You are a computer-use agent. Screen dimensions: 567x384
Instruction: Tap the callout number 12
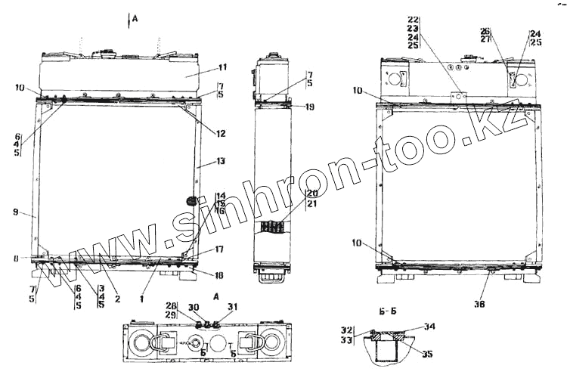tap(221, 134)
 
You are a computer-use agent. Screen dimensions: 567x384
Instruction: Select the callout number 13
tap(221, 161)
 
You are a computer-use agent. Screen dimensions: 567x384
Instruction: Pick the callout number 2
tap(117, 298)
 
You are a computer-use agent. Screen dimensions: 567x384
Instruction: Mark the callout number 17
tap(219, 249)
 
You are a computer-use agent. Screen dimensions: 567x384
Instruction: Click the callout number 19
tap(311, 107)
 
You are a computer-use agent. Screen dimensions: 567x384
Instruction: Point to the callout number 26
tap(485, 31)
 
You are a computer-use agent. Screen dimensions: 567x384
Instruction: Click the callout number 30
tap(194, 307)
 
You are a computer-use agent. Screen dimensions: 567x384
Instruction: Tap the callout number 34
tap(429, 327)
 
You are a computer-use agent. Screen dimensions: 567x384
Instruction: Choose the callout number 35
tap(429, 353)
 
